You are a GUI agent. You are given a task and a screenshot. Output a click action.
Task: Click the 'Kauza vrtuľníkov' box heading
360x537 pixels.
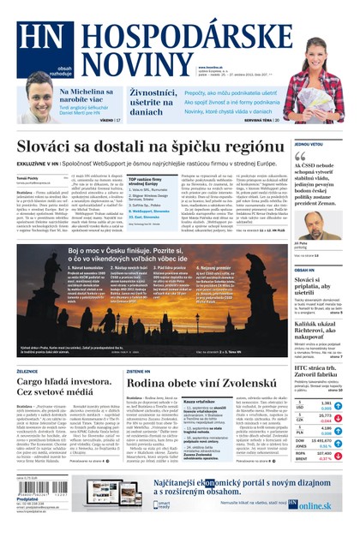(200, 400)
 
